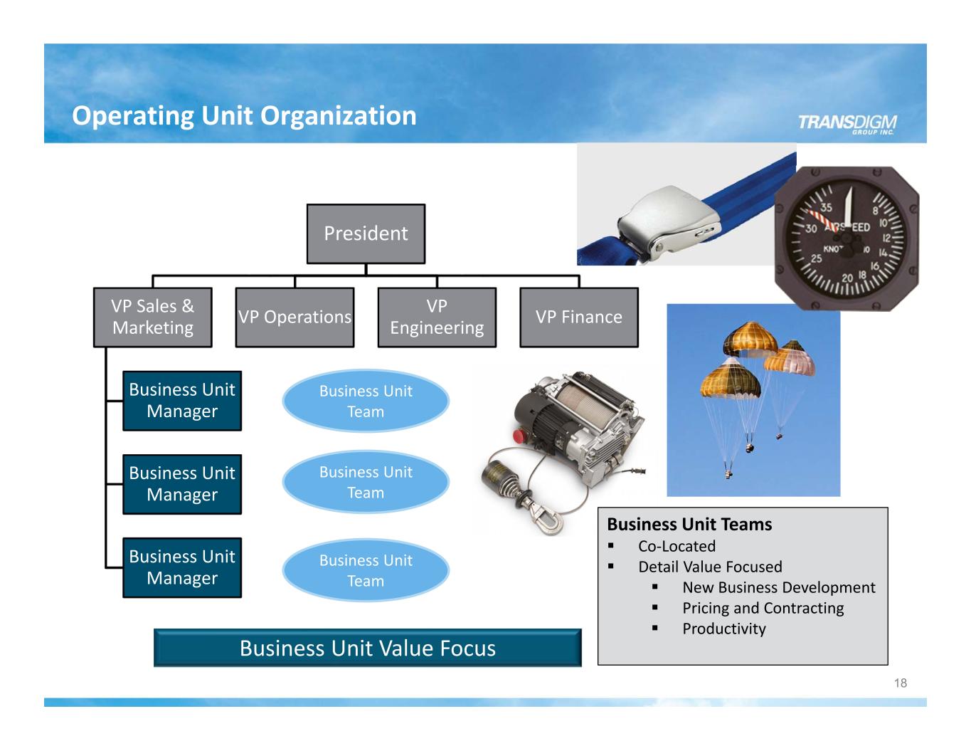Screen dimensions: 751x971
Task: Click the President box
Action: tap(366, 233)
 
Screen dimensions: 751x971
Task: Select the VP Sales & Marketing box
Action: tap(152, 317)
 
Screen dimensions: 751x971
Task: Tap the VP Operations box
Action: tap(295, 317)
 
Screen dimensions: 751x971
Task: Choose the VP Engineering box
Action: tap(437, 317)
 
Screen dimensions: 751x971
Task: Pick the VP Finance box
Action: tap(578, 317)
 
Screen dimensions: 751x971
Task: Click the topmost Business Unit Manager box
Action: tap(182, 401)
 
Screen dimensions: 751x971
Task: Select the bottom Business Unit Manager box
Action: tap(182, 567)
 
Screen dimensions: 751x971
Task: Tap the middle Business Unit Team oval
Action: tap(366, 482)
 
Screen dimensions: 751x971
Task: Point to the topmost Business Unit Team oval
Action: tap(366, 401)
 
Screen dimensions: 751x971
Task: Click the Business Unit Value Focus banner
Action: tap(367, 648)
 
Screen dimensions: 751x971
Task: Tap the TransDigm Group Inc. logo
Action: tap(847, 123)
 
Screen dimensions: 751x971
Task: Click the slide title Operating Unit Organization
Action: tap(244, 115)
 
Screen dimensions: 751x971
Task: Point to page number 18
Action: tap(900, 683)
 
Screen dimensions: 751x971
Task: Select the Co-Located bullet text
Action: tap(676, 546)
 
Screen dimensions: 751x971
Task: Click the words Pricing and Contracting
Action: tap(763, 608)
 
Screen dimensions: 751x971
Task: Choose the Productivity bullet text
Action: tap(723, 629)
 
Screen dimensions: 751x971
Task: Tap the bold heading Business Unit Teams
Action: tap(689, 525)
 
